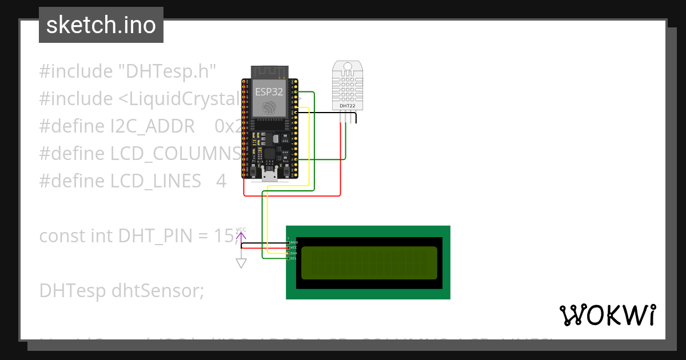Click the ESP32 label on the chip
pyautogui.click(x=269, y=90)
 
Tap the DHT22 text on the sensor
pyautogui.click(x=347, y=106)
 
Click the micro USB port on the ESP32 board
pyautogui.click(x=269, y=174)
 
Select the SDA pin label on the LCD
pyautogui.click(x=293, y=253)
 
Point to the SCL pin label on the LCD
pyautogui.click(x=293, y=258)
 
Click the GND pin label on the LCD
pyautogui.click(x=294, y=242)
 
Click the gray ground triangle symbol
pyautogui.click(x=241, y=263)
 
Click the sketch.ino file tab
pyautogui.click(x=101, y=25)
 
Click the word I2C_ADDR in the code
pyautogui.click(x=153, y=126)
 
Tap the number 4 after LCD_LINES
pyautogui.click(x=221, y=181)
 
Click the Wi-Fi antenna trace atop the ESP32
pyautogui.click(x=269, y=71)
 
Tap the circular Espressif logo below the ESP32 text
pyautogui.click(x=269, y=107)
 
